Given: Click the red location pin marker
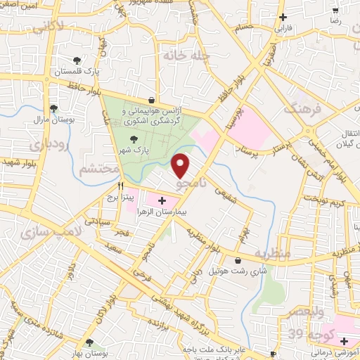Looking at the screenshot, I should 181,165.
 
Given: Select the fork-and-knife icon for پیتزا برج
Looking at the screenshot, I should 121,186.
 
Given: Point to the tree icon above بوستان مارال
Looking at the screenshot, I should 53,108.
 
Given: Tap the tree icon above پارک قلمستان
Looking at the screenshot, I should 77,60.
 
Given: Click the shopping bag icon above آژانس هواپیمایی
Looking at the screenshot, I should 151,100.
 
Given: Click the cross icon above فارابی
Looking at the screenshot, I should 283,16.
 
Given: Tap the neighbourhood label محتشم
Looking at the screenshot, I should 96,169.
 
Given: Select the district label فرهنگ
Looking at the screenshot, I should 302,110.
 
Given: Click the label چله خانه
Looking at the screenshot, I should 177,55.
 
